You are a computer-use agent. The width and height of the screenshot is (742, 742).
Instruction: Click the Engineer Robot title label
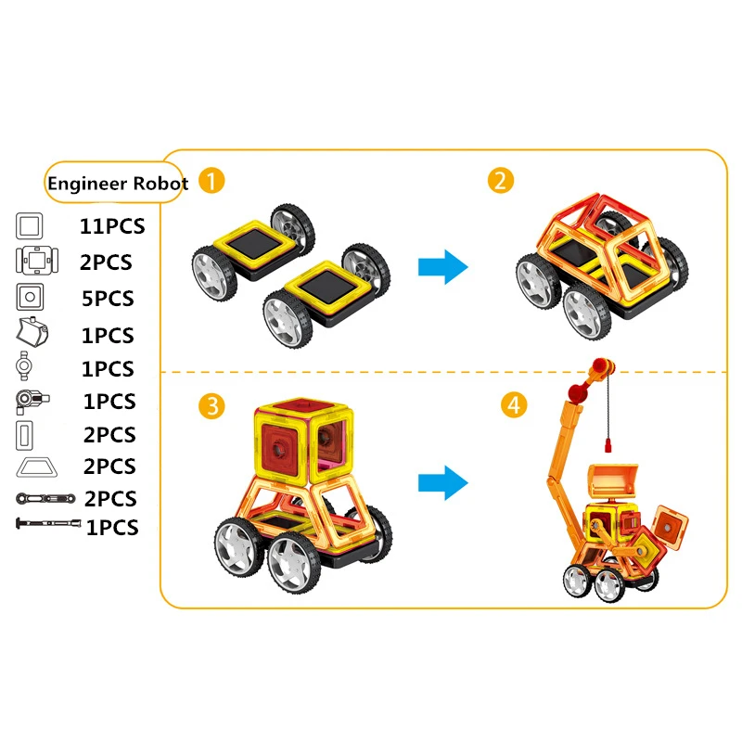[118, 184]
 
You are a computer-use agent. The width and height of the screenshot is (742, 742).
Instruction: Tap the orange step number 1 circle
[212, 180]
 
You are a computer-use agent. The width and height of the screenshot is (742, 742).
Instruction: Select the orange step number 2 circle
[501, 180]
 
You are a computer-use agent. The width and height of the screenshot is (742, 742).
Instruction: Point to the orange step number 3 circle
[212, 405]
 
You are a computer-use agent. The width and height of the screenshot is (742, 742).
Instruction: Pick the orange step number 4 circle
[511, 405]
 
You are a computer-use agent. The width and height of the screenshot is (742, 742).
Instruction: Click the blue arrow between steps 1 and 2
[442, 268]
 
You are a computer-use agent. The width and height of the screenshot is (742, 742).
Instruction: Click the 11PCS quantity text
[112, 225]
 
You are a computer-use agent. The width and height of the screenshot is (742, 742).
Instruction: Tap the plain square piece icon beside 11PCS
[30, 225]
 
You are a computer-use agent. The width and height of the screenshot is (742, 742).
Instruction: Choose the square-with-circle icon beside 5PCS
[30, 298]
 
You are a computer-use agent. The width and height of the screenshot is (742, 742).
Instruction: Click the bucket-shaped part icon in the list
[31, 333]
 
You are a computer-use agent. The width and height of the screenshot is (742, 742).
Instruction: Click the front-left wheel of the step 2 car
[538, 282]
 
